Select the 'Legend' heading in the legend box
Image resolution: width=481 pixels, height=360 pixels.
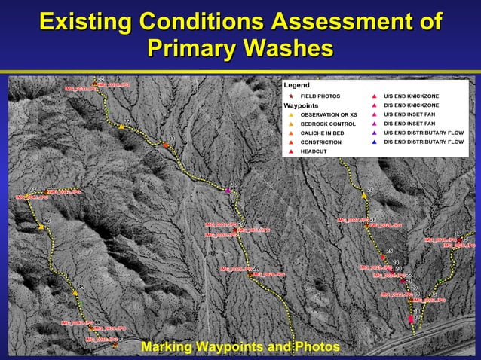click(x=296, y=85)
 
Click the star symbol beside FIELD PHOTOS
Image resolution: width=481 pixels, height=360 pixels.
click(x=291, y=97)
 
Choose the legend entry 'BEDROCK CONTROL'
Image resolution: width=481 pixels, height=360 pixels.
click(x=328, y=124)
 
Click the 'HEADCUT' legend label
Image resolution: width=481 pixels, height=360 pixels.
click(x=314, y=151)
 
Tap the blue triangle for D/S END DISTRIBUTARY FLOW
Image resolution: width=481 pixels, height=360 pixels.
click(x=375, y=142)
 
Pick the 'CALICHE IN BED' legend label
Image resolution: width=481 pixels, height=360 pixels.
click(x=322, y=133)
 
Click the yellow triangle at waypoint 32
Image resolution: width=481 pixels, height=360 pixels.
click(x=121, y=127)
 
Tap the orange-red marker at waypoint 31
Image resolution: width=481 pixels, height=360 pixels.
click(x=167, y=145)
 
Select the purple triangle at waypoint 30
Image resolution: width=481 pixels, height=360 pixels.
click(x=228, y=191)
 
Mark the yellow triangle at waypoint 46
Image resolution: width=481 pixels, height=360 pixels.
click(x=41, y=227)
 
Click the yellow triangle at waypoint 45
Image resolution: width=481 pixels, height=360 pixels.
click(x=75, y=293)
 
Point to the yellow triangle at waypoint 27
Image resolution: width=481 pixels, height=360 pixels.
click(x=364, y=195)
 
